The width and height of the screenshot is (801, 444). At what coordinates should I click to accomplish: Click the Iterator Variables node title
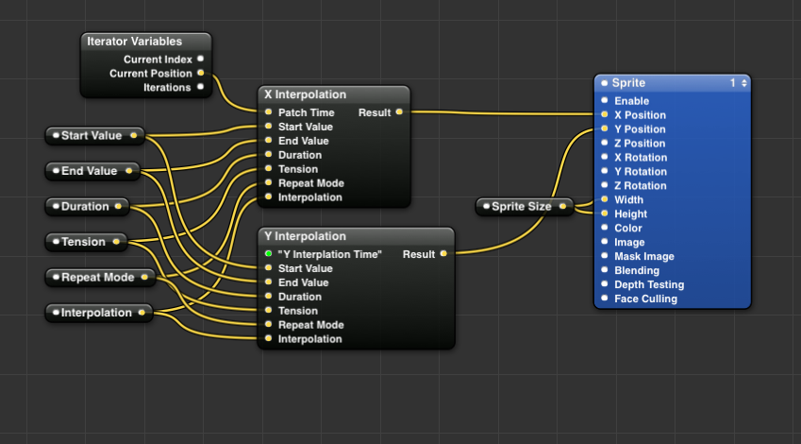tap(134, 42)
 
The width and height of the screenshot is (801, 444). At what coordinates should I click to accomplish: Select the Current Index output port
tap(200, 60)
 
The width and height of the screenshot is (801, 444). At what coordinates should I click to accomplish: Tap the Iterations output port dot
tap(200, 87)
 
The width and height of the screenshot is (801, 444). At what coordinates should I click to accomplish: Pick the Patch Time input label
tap(306, 112)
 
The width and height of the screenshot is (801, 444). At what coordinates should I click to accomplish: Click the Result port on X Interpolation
tap(399, 112)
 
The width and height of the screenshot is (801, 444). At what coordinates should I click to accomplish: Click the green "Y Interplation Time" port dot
tap(269, 254)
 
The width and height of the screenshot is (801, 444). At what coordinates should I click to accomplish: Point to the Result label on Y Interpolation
tap(419, 254)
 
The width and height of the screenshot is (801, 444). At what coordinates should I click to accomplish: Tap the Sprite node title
tap(628, 83)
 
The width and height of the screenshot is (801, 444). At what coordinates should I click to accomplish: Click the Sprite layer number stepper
tap(738, 83)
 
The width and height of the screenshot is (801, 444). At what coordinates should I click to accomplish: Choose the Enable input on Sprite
tap(631, 101)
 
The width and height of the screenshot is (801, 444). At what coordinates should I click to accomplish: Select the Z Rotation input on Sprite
tap(640, 186)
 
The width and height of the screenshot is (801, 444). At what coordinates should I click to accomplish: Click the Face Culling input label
tap(645, 299)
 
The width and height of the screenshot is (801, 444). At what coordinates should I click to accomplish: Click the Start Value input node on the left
tap(92, 136)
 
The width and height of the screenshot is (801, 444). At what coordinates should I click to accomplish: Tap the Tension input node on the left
tap(83, 242)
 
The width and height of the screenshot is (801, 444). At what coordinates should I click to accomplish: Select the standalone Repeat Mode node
tap(97, 278)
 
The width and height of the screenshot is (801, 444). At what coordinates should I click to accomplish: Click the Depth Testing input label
tap(649, 284)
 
